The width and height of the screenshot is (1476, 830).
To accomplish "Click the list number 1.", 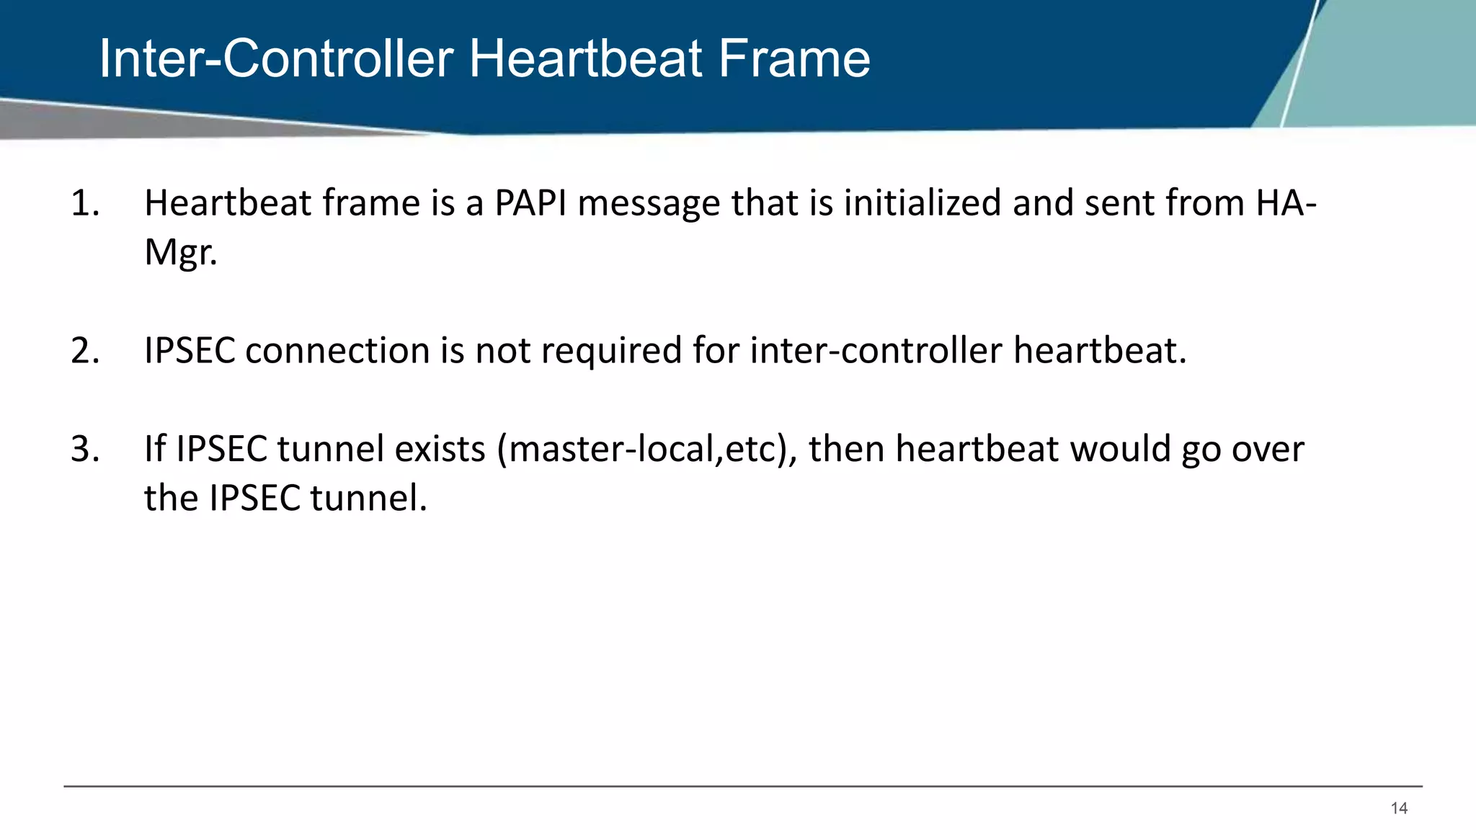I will click(84, 203).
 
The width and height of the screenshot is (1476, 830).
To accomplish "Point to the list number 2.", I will click(85, 351).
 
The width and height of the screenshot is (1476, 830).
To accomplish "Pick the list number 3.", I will click(85, 450).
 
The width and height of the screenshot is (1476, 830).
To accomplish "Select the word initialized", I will click(922, 203).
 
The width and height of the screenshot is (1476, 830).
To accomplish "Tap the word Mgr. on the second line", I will click(180, 253).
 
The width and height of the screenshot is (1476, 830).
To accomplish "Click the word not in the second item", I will click(502, 351).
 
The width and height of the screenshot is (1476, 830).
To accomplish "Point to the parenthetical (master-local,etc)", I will click(646, 450).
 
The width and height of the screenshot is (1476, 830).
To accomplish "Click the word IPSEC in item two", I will click(190, 351).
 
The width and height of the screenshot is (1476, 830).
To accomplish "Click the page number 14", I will click(1399, 808).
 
